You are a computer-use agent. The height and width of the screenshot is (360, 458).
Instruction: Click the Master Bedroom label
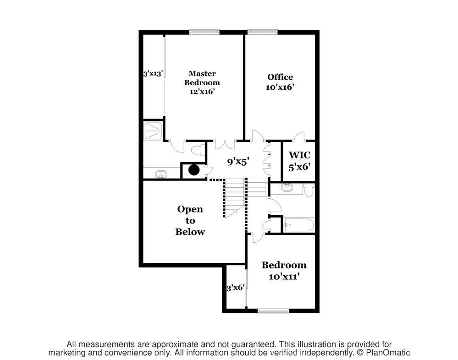[x=202, y=82]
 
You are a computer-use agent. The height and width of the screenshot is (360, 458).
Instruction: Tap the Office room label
[x=280, y=82]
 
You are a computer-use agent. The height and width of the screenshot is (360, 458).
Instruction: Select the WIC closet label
[x=299, y=161]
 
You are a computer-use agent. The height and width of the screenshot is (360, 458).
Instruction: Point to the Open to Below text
[x=190, y=220]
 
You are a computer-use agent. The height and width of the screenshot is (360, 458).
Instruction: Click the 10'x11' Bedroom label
[x=284, y=270]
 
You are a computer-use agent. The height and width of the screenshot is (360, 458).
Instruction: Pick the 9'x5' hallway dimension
[x=238, y=162]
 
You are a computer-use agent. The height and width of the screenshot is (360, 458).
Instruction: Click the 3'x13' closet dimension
[x=153, y=74]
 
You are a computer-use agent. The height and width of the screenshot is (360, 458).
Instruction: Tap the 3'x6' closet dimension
[x=236, y=288]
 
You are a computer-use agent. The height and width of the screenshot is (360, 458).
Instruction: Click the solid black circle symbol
[x=194, y=170]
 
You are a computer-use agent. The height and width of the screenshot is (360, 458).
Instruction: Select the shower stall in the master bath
[x=153, y=131]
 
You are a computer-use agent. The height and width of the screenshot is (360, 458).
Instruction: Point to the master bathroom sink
[x=161, y=175]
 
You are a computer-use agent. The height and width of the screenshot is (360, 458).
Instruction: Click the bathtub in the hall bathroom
[x=298, y=225]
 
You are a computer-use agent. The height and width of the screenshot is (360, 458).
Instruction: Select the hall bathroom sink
[x=288, y=187]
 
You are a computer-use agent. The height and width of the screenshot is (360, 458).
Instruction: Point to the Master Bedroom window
[x=204, y=32]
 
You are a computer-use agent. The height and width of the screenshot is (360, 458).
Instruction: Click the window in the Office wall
[x=262, y=32]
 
